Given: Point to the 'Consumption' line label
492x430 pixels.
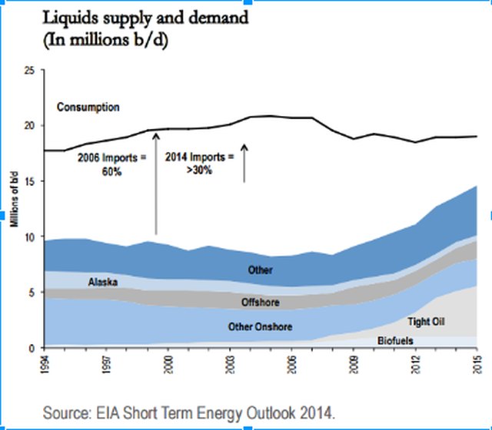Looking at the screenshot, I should (88, 107).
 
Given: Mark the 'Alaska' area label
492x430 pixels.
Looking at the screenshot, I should (102, 283).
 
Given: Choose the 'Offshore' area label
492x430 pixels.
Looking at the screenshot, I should (261, 302).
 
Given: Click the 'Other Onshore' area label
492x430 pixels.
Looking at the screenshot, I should (261, 327).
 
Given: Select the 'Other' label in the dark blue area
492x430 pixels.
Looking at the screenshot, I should (261, 270).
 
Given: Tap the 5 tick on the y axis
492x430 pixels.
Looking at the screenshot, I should (33, 293).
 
